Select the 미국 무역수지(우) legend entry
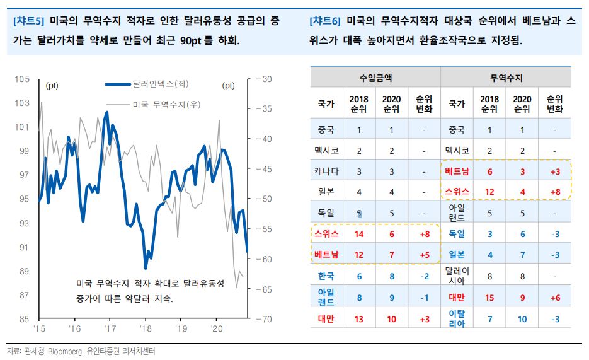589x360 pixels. (163, 104)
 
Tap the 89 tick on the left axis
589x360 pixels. (24, 271)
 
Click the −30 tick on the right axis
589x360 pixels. (263, 79)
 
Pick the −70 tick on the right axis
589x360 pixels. (263, 319)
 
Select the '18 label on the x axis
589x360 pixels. (146, 329)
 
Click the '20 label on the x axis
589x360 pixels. (217, 329)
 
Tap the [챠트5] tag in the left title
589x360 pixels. (28, 21)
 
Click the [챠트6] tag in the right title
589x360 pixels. (325, 21)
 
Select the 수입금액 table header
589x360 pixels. (375, 78)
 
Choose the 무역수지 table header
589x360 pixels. (506, 78)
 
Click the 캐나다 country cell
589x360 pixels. (326, 171)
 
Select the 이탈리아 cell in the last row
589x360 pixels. (457, 318)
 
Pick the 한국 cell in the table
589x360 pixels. (326, 276)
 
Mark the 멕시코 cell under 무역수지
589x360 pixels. (457, 151)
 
